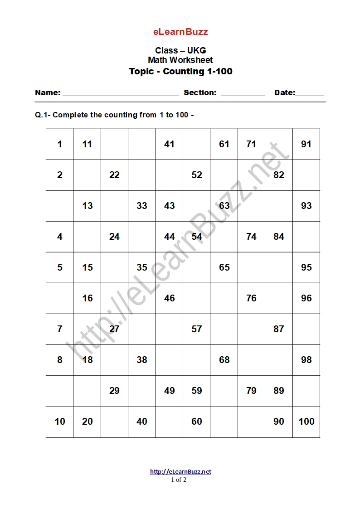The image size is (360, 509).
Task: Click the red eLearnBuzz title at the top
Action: click(x=180, y=32)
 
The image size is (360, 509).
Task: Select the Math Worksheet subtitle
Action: click(x=180, y=60)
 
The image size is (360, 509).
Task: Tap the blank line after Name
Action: click(x=120, y=94)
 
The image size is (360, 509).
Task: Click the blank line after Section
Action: click(x=243, y=94)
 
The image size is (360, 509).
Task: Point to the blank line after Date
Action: click(x=310, y=94)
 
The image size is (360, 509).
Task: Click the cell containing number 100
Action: click(x=306, y=422)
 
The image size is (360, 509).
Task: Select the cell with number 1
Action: click(x=60, y=144)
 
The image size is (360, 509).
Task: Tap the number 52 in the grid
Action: click(x=197, y=175)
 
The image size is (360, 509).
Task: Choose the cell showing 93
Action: click(x=306, y=206)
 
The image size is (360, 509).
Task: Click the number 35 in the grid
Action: click(x=142, y=267)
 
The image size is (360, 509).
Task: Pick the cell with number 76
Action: click(x=251, y=298)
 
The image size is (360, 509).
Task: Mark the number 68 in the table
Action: click(x=224, y=360)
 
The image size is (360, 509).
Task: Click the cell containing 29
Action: click(x=114, y=391)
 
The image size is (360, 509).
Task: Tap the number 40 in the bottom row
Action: click(x=142, y=422)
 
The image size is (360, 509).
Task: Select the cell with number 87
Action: click(x=279, y=329)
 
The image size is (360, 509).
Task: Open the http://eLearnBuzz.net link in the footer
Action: click(x=180, y=471)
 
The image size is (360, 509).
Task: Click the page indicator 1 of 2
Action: click(x=179, y=480)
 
